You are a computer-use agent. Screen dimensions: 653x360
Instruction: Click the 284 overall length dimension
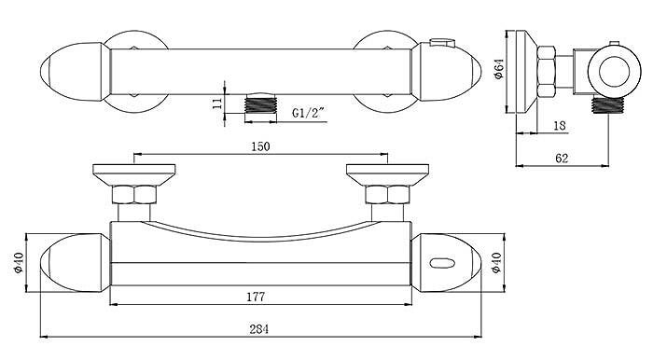pyautogui.click(x=259, y=329)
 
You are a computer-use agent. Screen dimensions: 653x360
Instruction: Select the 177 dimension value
pyautogui.click(x=256, y=297)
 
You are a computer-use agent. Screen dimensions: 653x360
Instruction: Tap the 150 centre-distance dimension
pyautogui.click(x=260, y=146)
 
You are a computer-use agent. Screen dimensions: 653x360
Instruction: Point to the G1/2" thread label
pyautogui.click(x=308, y=113)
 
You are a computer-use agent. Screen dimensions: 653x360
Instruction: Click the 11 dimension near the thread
pyautogui.click(x=217, y=103)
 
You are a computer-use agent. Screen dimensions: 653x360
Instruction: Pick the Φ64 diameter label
pyautogui.click(x=498, y=69)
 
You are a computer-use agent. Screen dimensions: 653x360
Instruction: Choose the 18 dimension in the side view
pyautogui.click(x=561, y=125)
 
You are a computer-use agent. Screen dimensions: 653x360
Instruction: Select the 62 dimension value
pyautogui.click(x=562, y=159)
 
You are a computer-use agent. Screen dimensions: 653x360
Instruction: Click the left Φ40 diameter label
pyautogui.click(x=19, y=263)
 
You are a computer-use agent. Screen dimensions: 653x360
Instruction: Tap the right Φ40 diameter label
pyautogui.click(x=496, y=263)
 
